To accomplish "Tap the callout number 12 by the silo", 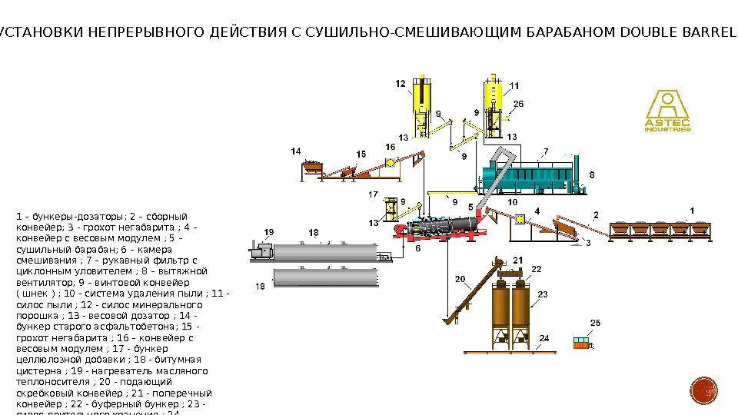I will pos(401,83).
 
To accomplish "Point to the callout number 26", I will pos(518,104).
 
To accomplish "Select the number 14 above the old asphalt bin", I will pos(295,151).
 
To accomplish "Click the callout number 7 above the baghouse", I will pos(546,151).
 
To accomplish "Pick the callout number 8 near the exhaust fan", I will pos(591,175).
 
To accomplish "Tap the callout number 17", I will pos(374,194).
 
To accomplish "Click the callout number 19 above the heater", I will pos(268,231).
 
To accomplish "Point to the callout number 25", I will pos(595,322).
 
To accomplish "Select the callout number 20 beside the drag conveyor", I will pos(460,279).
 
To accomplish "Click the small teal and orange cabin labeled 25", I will pos(582,342).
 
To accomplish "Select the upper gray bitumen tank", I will pos(327,252).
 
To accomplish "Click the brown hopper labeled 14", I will pos(314,167).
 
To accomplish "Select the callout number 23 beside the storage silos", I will pos(542,294).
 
